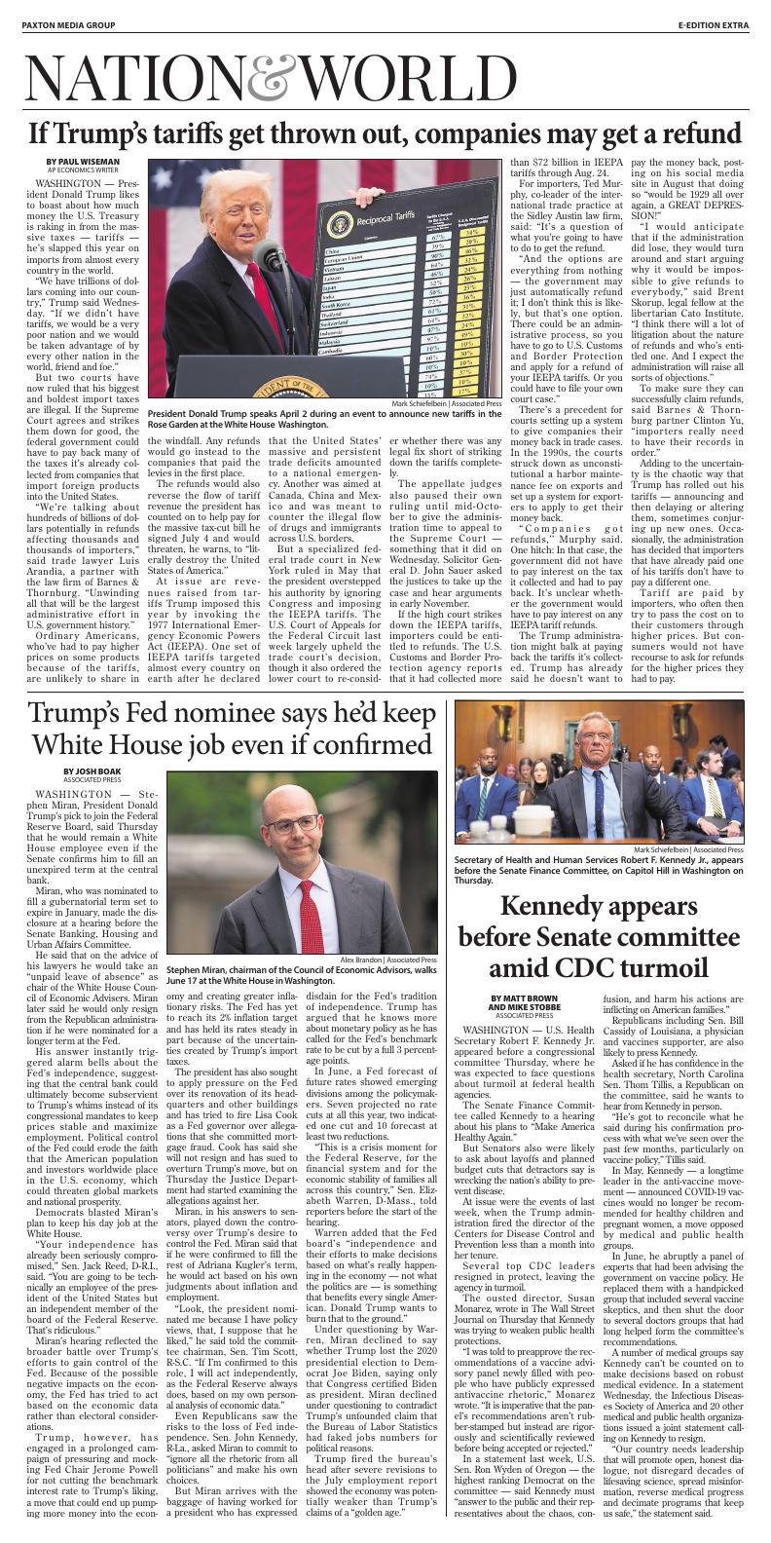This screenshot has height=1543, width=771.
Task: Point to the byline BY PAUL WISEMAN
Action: coord(83,161)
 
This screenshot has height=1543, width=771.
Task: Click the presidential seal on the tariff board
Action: coord(343,223)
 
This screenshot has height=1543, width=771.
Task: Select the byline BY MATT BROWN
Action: coord(525,998)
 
